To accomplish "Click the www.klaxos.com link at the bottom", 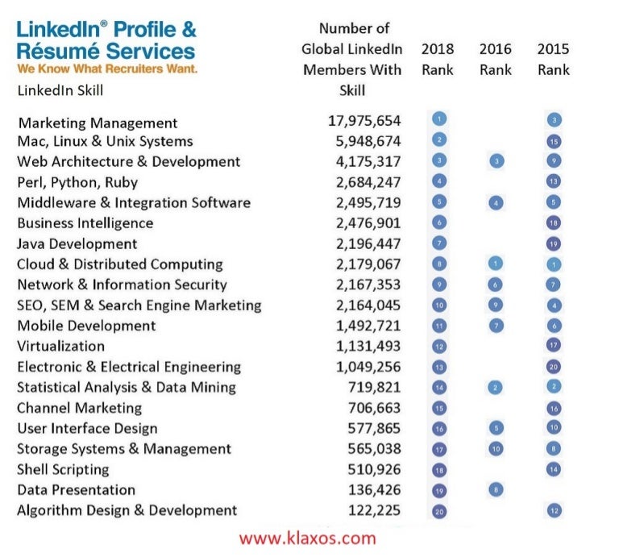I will click(x=307, y=538).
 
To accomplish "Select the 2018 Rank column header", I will click(x=438, y=59).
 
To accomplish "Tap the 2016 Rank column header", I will click(x=495, y=59).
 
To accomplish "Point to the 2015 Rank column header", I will click(x=554, y=59).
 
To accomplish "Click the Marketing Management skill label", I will click(x=98, y=123).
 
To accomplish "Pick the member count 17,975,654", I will click(x=364, y=121).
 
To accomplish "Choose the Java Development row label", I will click(x=77, y=243).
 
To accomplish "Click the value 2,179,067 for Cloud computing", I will click(x=364, y=264).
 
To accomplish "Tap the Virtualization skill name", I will click(x=61, y=346).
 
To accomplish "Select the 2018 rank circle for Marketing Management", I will click(x=439, y=119).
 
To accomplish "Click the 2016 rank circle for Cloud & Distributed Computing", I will click(x=496, y=264).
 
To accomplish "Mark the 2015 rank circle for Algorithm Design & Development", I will click(x=554, y=510).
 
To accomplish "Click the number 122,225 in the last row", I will click(x=372, y=510).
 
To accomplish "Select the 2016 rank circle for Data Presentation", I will click(x=496, y=488).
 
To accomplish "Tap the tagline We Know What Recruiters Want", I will click(x=106, y=69).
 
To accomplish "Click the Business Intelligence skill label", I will click(x=85, y=222).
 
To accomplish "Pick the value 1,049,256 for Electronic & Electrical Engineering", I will click(x=364, y=367).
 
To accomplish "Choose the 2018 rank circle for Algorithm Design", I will click(x=439, y=510).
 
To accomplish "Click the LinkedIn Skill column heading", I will click(x=60, y=90).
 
